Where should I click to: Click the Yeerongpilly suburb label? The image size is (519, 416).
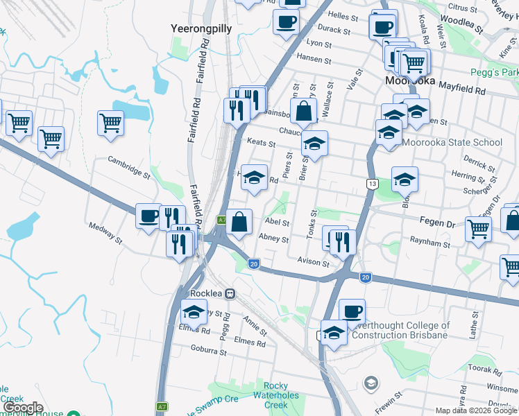click(201, 28)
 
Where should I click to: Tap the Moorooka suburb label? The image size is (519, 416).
click(410, 81)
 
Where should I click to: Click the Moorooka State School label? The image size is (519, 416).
click(452, 143)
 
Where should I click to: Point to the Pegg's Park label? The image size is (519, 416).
click(494, 72)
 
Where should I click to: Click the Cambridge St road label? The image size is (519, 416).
click(128, 167)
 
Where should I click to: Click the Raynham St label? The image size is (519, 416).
click(429, 245)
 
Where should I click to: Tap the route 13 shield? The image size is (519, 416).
click(372, 183)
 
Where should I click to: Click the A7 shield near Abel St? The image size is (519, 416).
click(221, 220)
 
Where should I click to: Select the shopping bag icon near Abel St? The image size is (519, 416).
click(239, 222)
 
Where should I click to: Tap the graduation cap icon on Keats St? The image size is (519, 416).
click(314, 144)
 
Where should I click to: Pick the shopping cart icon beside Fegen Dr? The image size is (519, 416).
click(478, 228)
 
